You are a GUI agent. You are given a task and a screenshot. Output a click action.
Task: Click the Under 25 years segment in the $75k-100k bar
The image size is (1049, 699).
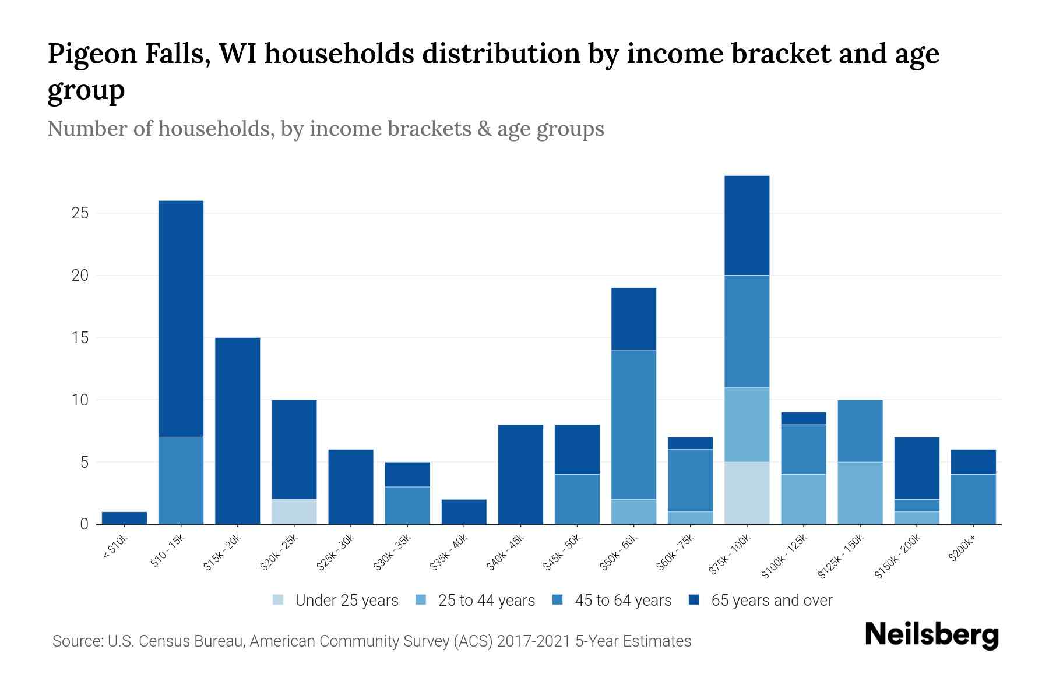click(747, 493)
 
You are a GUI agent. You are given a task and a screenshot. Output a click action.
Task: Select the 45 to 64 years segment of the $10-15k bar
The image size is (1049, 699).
click(181, 480)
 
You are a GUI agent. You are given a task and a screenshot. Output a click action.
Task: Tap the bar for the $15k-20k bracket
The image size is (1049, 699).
click(237, 430)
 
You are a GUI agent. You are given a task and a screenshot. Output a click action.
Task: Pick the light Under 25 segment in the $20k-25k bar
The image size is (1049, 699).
click(294, 511)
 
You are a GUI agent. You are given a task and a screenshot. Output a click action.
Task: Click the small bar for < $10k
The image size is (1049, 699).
click(124, 518)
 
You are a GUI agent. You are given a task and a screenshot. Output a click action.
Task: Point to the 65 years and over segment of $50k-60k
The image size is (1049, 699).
click(633, 319)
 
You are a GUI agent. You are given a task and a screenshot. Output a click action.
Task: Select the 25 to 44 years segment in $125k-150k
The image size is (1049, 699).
click(860, 493)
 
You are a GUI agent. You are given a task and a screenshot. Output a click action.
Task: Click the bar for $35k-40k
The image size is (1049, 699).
click(464, 511)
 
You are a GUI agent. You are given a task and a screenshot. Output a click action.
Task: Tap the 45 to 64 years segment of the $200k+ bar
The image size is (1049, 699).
click(973, 499)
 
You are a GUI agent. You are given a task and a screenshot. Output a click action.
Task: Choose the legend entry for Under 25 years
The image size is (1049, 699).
click(336, 600)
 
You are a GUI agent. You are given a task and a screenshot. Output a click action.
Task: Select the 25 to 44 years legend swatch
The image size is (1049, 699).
click(421, 600)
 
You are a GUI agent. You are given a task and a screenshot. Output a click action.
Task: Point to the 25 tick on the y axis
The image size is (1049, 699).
click(80, 213)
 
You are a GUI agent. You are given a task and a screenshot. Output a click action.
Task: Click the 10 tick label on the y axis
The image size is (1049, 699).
click(80, 400)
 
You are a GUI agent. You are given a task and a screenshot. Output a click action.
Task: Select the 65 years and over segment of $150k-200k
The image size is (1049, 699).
click(916, 468)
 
